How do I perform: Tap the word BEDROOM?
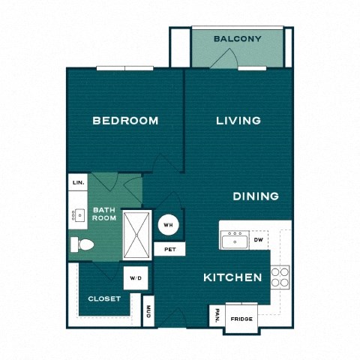click(125, 121)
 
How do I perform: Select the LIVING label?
click(238, 121)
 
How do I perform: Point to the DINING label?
click(256, 196)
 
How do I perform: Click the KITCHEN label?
click(232, 277)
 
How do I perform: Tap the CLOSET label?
click(104, 298)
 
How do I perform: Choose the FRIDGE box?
click(241, 319)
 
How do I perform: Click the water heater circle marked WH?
click(169, 223)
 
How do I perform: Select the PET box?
click(169, 249)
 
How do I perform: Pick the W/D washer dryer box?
click(136, 278)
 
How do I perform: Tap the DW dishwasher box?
click(259, 240)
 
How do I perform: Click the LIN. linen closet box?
click(77, 182)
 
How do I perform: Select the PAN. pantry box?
click(216, 315)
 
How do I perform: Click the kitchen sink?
click(235, 240)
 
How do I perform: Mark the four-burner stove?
click(280, 277)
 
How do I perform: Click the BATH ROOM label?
click(104, 214)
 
